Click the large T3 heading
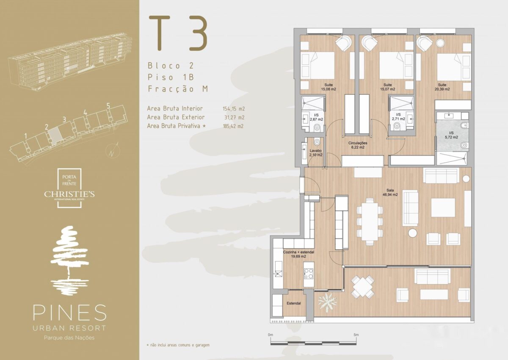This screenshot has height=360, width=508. (x=178, y=33)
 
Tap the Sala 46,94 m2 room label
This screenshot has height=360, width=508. (x=390, y=192)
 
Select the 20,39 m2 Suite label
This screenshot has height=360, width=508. (x=442, y=87)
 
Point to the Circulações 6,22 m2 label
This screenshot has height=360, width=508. (x=358, y=145)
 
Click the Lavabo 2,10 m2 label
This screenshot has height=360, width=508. (x=316, y=153)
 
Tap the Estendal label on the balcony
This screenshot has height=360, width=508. (x=294, y=303)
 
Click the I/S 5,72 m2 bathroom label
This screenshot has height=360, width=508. (x=451, y=135)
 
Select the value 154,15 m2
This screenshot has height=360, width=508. (x=234, y=109)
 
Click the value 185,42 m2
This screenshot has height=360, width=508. (x=233, y=126)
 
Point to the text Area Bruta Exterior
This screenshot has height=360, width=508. (x=176, y=117)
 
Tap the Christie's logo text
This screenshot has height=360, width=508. (x=69, y=194)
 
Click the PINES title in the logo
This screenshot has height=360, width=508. (x=69, y=313)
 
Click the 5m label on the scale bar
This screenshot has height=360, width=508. (x=356, y=335)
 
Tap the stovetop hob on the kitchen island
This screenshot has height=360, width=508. (x=309, y=274)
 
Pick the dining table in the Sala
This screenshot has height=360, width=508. (x=370, y=222)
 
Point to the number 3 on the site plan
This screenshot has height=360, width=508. (x=64, y=119)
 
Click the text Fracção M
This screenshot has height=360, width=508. (x=178, y=89)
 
